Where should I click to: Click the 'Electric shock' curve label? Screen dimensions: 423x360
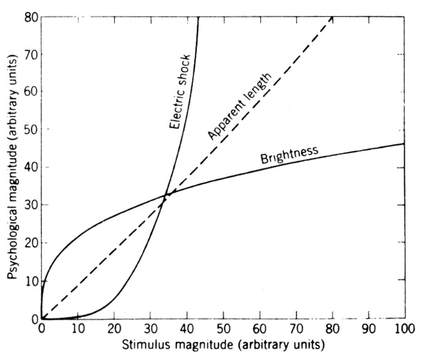[x=180, y=92]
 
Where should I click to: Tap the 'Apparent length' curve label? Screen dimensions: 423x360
[x=240, y=106]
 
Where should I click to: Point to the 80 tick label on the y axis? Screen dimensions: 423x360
[x=31, y=18]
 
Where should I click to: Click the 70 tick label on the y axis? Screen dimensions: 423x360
[x=31, y=55]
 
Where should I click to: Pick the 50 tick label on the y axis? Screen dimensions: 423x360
[x=31, y=130]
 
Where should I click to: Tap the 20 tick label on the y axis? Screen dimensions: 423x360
[x=31, y=243]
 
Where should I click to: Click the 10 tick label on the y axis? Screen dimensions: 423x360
[x=31, y=281]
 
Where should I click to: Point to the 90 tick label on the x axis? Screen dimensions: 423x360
[x=368, y=329]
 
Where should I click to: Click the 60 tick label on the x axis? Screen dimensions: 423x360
[x=259, y=329]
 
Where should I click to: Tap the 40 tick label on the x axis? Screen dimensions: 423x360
[x=187, y=329]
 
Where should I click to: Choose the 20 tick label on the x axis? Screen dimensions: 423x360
[x=114, y=329]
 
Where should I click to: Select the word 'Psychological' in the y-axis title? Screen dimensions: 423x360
[x=13, y=237]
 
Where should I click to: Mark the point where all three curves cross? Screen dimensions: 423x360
[x=167, y=194]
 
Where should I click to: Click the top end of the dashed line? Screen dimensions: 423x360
[x=332, y=18]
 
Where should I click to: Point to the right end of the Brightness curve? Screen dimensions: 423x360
[x=404, y=144]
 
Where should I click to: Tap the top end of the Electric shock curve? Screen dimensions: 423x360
[x=199, y=17]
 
